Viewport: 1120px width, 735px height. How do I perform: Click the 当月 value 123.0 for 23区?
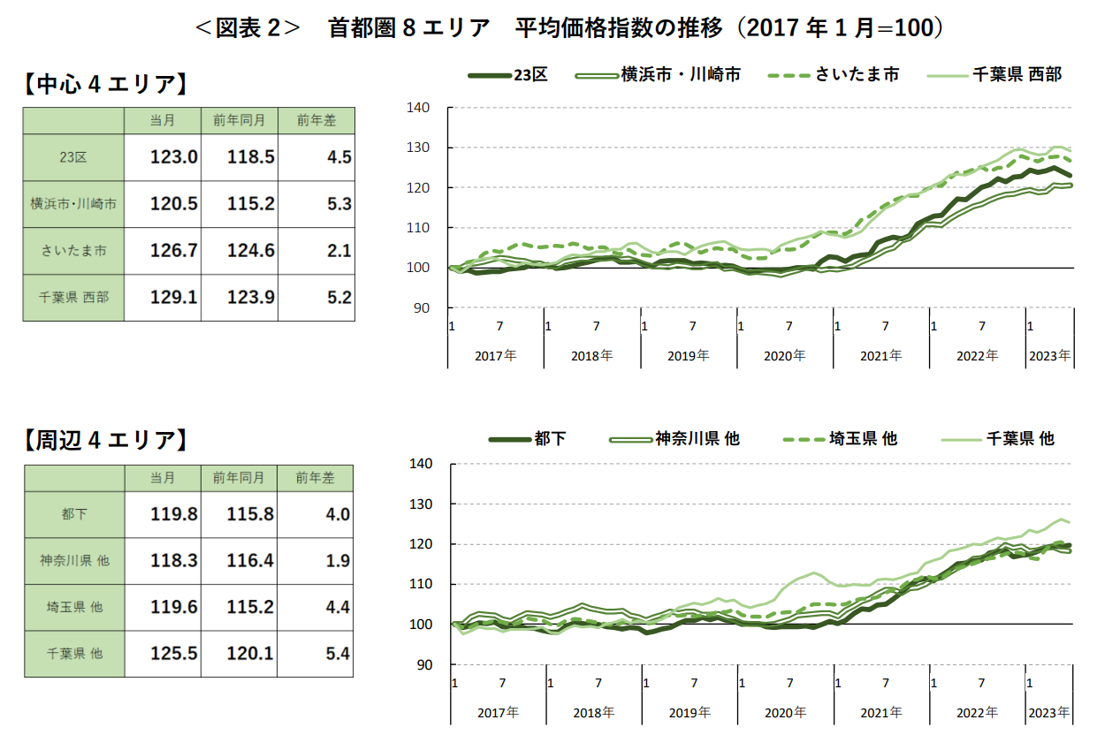(174, 157)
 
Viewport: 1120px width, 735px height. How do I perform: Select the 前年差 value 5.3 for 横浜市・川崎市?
(339, 204)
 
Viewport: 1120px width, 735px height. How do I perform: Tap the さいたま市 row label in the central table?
(73, 251)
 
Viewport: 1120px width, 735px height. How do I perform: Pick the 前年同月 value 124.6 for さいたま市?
(250, 251)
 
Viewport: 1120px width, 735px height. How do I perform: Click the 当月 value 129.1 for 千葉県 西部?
(174, 298)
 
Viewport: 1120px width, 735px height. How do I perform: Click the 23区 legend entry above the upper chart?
(508, 75)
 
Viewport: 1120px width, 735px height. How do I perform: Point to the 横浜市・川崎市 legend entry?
(658, 75)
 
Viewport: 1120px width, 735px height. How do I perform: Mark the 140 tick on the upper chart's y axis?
(419, 108)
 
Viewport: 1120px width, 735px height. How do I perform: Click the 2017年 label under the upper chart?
(496, 356)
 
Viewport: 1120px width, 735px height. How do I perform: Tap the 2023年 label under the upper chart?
(1049, 356)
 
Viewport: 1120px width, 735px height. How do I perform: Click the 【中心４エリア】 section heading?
(105, 85)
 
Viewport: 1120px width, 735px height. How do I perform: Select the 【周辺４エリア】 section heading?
(105, 440)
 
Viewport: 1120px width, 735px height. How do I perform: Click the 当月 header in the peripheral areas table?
(163, 478)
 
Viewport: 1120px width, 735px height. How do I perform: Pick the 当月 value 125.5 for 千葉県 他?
(174, 654)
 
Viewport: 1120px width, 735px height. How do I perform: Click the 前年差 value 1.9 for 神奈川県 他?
(339, 561)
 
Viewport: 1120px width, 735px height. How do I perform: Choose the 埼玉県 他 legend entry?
(840, 438)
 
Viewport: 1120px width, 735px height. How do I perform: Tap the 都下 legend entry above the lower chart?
(528, 438)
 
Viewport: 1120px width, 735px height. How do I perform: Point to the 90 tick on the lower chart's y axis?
(422, 664)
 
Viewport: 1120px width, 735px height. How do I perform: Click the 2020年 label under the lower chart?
(786, 712)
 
